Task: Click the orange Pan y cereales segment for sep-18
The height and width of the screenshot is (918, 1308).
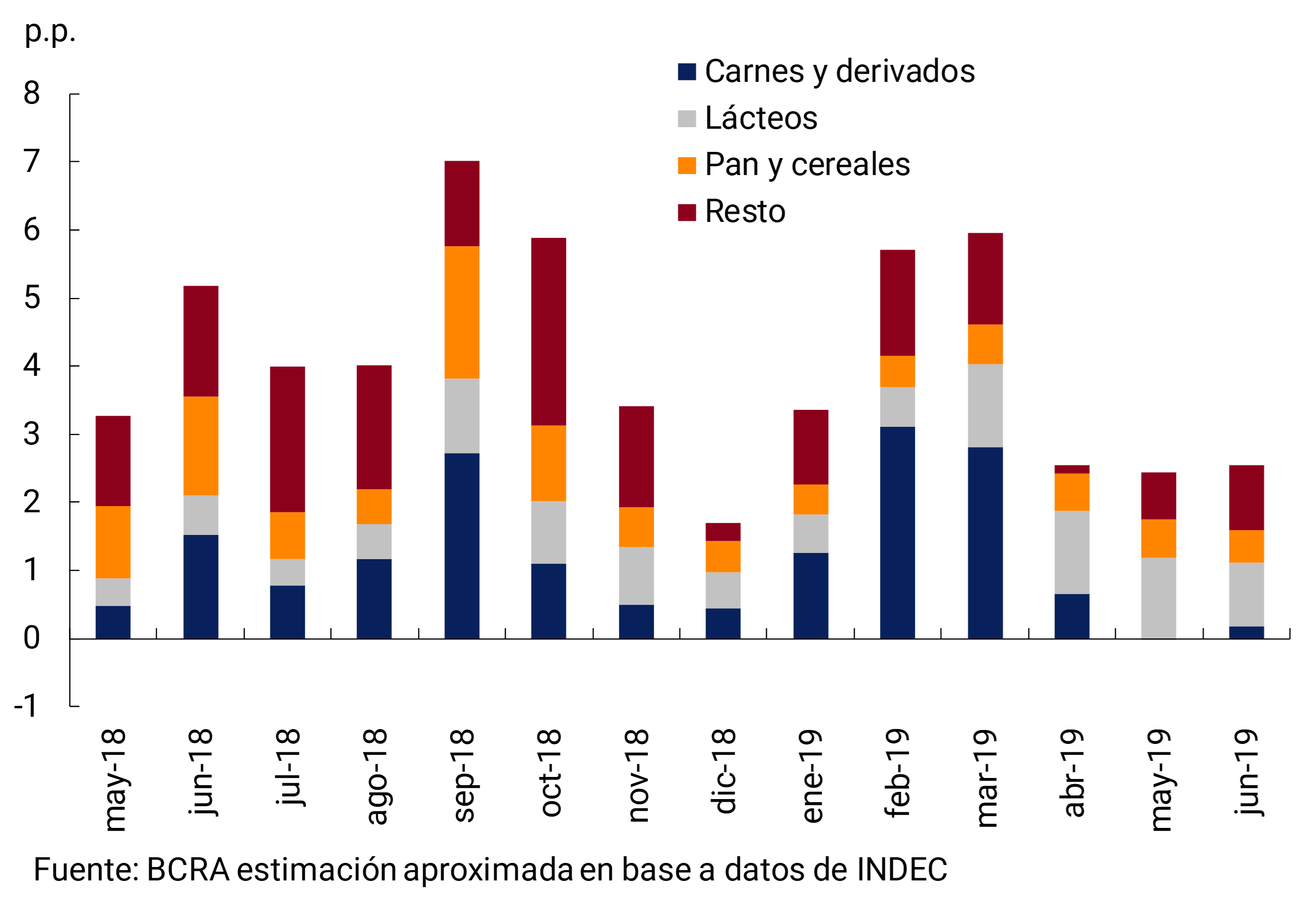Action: (x=461, y=312)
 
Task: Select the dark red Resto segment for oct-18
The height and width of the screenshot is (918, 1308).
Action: (x=548, y=332)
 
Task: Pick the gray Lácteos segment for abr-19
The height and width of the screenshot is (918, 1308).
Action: (x=1072, y=552)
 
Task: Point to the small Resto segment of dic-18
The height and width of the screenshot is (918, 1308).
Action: (x=722, y=532)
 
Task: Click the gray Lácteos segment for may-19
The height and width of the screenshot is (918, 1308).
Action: (x=1158, y=598)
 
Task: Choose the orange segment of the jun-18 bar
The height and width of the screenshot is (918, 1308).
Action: (x=200, y=445)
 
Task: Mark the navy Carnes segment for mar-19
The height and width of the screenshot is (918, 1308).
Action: (x=985, y=543)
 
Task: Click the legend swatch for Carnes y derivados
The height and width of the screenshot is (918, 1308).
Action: (x=686, y=72)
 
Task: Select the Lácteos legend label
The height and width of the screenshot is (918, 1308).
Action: (x=761, y=118)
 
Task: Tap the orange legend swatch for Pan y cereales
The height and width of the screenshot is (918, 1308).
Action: (x=686, y=165)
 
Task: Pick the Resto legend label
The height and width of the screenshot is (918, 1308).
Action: (x=745, y=212)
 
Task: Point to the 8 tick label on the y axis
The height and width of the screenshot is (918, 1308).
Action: (x=32, y=93)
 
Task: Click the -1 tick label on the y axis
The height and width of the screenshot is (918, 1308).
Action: (x=26, y=706)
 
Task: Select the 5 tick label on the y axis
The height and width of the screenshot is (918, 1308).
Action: (x=32, y=298)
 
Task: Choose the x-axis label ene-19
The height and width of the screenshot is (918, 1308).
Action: (x=812, y=775)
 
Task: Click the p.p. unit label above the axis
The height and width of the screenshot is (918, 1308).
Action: (x=49, y=32)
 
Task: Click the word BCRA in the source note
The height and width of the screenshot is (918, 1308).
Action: (x=188, y=870)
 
